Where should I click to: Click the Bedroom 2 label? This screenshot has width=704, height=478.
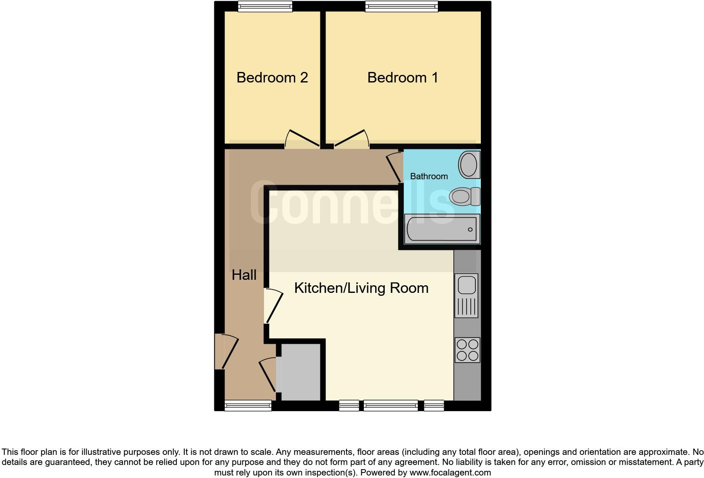(272, 78)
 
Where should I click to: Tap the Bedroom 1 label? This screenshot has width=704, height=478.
(403, 78)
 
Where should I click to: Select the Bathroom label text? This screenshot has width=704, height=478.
(429, 176)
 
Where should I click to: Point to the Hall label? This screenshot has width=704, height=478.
(244, 275)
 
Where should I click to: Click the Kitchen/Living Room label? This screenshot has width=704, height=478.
(361, 288)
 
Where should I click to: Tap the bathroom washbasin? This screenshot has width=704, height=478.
(469, 164)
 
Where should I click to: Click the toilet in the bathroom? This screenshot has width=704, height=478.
(464, 197)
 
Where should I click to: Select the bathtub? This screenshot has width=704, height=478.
(442, 229)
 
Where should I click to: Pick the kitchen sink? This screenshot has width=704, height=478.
(466, 295)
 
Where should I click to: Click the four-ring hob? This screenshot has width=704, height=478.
(467, 350)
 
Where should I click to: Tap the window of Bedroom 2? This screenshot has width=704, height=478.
(265, 6)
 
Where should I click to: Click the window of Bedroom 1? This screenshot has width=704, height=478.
(402, 6)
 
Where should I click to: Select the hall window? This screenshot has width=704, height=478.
(248, 406)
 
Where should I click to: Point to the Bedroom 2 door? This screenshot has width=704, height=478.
(301, 140)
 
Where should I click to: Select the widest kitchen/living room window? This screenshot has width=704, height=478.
(391, 406)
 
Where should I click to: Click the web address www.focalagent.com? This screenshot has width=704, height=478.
(450, 473)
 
